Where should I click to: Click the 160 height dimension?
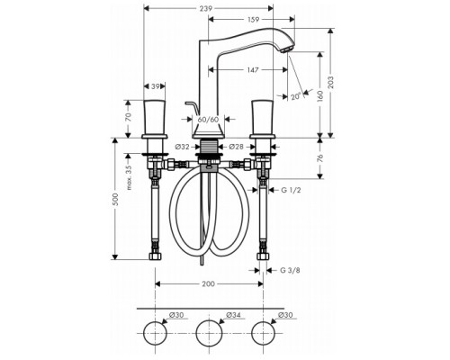click(320, 95)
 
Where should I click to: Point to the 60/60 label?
click(208, 119)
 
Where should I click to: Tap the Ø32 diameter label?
click(181, 146)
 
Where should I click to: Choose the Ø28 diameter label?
click(237, 146)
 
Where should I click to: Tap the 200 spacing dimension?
click(209, 283)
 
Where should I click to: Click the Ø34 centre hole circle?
click(210, 333)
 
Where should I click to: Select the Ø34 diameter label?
click(210, 314)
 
